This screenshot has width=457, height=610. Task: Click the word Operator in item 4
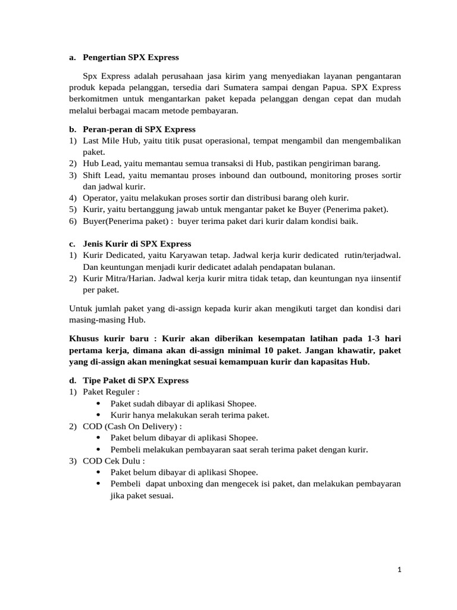[100, 198]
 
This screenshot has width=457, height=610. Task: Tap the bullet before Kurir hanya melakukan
[98, 415]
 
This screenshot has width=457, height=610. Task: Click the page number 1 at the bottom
[400, 570]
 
